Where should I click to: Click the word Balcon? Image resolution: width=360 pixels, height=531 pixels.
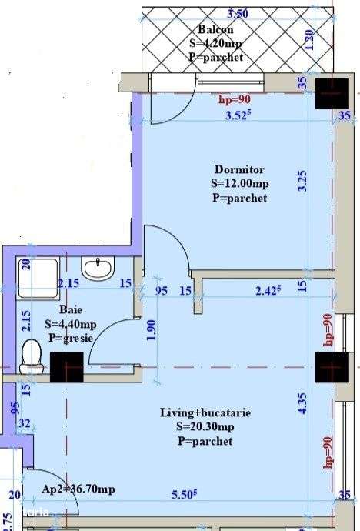(x=211, y=30)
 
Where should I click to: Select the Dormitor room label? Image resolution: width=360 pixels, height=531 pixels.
(x=239, y=169)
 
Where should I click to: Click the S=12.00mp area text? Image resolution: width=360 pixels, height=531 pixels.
(x=239, y=183)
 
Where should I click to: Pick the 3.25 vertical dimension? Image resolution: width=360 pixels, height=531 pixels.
(x=302, y=180)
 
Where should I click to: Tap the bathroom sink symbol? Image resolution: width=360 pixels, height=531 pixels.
(x=98, y=269)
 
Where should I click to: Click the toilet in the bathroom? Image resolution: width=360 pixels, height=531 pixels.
(x=32, y=356)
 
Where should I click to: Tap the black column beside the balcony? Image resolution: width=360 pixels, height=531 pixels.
(x=333, y=92)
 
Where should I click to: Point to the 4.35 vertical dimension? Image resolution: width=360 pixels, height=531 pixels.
(x=302, y=404)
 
